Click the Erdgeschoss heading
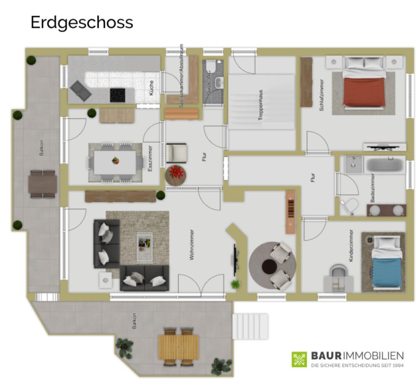(82, 23)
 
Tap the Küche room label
(151, 88)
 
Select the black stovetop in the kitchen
(118, 95)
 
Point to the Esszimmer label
(150, 158)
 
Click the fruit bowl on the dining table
(116, 160)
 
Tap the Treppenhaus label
(261, 105)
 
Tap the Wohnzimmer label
(192, 245)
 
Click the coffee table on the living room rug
(145, 246)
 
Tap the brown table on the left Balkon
(43, 184)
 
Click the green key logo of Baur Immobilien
(299, 359)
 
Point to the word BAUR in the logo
(326, 355)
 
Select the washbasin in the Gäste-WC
(219, 83)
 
